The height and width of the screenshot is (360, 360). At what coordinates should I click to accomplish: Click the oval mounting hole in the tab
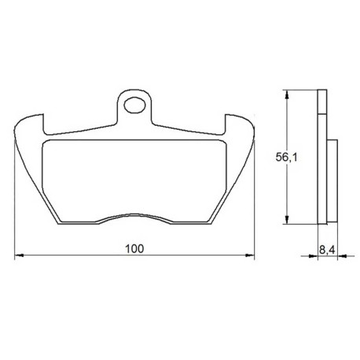click(134, 105)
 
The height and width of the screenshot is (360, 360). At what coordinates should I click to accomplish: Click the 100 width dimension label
click(134, 248)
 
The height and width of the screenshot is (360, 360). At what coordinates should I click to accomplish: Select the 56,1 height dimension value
click(287, 157)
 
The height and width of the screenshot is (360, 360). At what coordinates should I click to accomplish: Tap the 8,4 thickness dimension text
click(327, 250)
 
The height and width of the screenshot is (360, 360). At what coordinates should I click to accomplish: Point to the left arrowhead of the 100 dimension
click(19, 255)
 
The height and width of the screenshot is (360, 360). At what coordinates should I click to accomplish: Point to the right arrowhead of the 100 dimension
click(250, 255)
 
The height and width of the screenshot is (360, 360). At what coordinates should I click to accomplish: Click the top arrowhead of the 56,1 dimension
click(287, 94)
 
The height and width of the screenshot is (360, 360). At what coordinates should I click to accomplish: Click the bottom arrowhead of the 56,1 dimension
click(287, 219)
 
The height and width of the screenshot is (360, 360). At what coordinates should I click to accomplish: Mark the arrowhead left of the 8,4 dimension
click(314, 255)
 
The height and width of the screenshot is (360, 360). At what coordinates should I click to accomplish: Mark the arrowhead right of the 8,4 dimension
click(342, 255)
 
